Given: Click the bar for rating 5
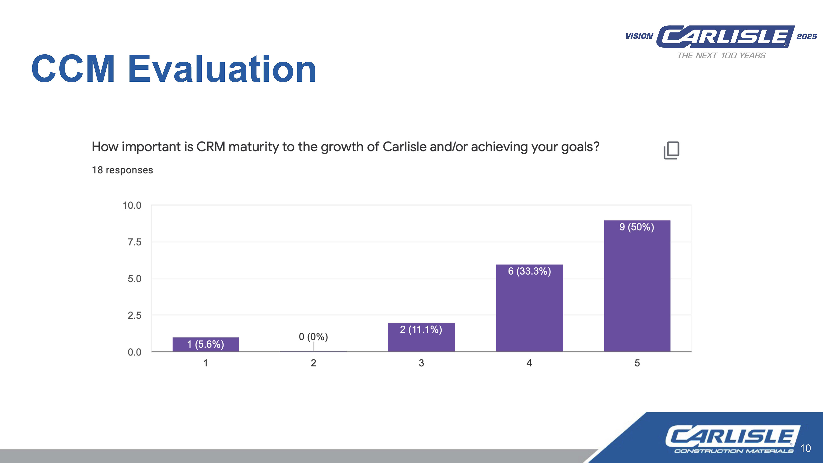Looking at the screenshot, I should (637, 288).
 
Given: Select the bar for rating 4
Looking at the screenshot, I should (529, 310).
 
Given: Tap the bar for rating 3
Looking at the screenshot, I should (421, 339).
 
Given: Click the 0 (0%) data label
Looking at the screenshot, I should (313, 337).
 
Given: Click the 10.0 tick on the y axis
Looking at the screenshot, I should (132, 206).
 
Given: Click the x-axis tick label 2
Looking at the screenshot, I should (313, 363).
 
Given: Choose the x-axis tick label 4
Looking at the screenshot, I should (529, 363).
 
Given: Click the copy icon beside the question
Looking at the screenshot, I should (671, 150).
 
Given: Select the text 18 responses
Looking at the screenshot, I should (122, 170).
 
